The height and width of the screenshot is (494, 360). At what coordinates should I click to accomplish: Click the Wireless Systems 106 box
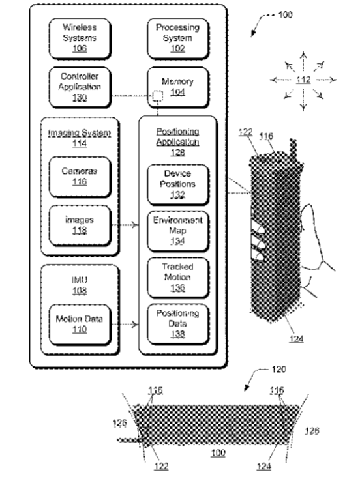pyautogui.click(x=80, y=38)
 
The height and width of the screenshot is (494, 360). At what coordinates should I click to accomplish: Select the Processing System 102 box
pyautogui.click(x=178, y=38)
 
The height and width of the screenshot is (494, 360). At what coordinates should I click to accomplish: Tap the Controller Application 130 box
pyautogui.click(x=80, y=87)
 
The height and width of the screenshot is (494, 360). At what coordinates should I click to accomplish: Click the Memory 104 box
pyautogui.click(x=178, y=87)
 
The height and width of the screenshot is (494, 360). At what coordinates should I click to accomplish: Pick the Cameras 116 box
pyautogui.click(x=80, y=177)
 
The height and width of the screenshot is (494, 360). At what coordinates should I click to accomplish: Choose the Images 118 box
pyautogui.click(x=80, y=225)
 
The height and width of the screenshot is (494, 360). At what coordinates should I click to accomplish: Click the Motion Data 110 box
pyautogui.click(x=80, y=325)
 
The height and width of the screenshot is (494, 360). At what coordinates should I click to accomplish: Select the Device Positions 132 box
pyautogui.click(x=178, y=184)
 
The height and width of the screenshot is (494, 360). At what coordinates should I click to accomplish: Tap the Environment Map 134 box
pyautogui.click(x=178, y=231)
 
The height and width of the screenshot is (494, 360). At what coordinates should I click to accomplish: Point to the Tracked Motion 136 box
pyautogui.click(x=178, y=278)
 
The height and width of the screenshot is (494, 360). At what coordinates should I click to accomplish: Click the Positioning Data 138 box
pyautogui.click(x=178, y=324)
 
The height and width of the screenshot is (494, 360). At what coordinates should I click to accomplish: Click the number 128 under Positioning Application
pyautogui.click(x=178, y=153)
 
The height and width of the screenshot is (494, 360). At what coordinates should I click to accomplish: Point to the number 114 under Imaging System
pyautogui.click(x=80, y=143)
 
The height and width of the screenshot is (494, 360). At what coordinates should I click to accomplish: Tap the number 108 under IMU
pyautogui.click(x=80, y=291)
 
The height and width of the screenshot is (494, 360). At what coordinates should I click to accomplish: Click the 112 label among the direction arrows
pyautogui.click(x=303, y=80)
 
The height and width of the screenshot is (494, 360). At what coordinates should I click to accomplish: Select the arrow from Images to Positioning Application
pyautogui.click(x=125, y=225)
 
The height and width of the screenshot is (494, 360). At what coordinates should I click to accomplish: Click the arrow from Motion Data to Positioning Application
pyautogui.click(x=125, y=324)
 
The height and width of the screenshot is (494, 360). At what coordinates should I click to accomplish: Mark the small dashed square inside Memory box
pyautogui.click(x=158, y=96)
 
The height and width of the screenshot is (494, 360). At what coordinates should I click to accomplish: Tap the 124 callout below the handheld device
pyautogui.click(x=296, y=339)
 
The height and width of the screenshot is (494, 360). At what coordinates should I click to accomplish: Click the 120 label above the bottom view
pyautogui.click(x=279, y=369)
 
